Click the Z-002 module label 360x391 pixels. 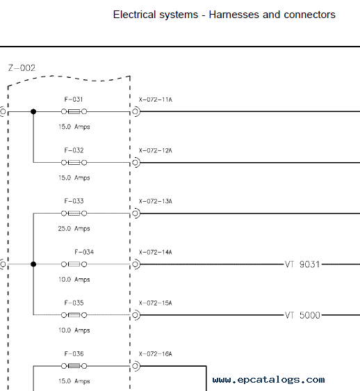click(x=22, y=67)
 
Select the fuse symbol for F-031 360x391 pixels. click(x=74, y=111)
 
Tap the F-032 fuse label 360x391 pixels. click(x=74, y=150)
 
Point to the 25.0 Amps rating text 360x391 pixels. click(x=74, y=229)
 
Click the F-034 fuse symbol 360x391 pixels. click(x=74, y=264)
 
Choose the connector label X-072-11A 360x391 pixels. click(x=156, y=99)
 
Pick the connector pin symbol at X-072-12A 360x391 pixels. click(x=136, y=163)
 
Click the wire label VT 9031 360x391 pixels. click(x=302, y=264)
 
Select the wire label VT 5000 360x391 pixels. click(x=302, y=315)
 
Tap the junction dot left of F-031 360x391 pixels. click(x=33, y=111)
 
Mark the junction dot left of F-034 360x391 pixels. click(x=33, y=264)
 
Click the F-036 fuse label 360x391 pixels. click(x=74, y=354)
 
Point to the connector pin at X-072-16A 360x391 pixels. click(x=136, y=366)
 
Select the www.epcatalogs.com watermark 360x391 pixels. click(x=268, y=380)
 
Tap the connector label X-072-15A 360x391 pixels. click(x=156, y=303)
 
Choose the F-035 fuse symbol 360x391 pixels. click(x=74, y=315)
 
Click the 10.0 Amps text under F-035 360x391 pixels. click(x=74, y=330)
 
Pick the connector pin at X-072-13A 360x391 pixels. click(x=136, y=214)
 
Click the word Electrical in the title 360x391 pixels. click(x=135, y=15)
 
